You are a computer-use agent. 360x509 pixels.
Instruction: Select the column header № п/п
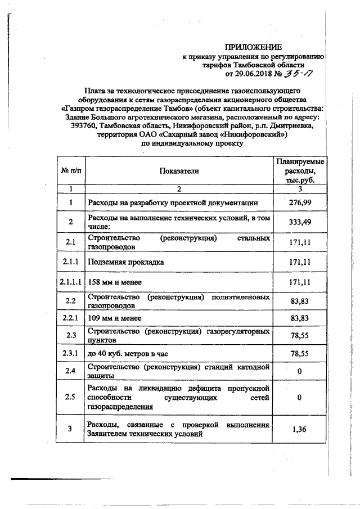pyautogui.click(x=71, y=171)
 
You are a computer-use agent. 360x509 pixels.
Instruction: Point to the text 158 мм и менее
pyautogui.click(x=114, y=281)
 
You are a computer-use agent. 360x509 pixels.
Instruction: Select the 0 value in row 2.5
pyautogui.click(x=300, y=397)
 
